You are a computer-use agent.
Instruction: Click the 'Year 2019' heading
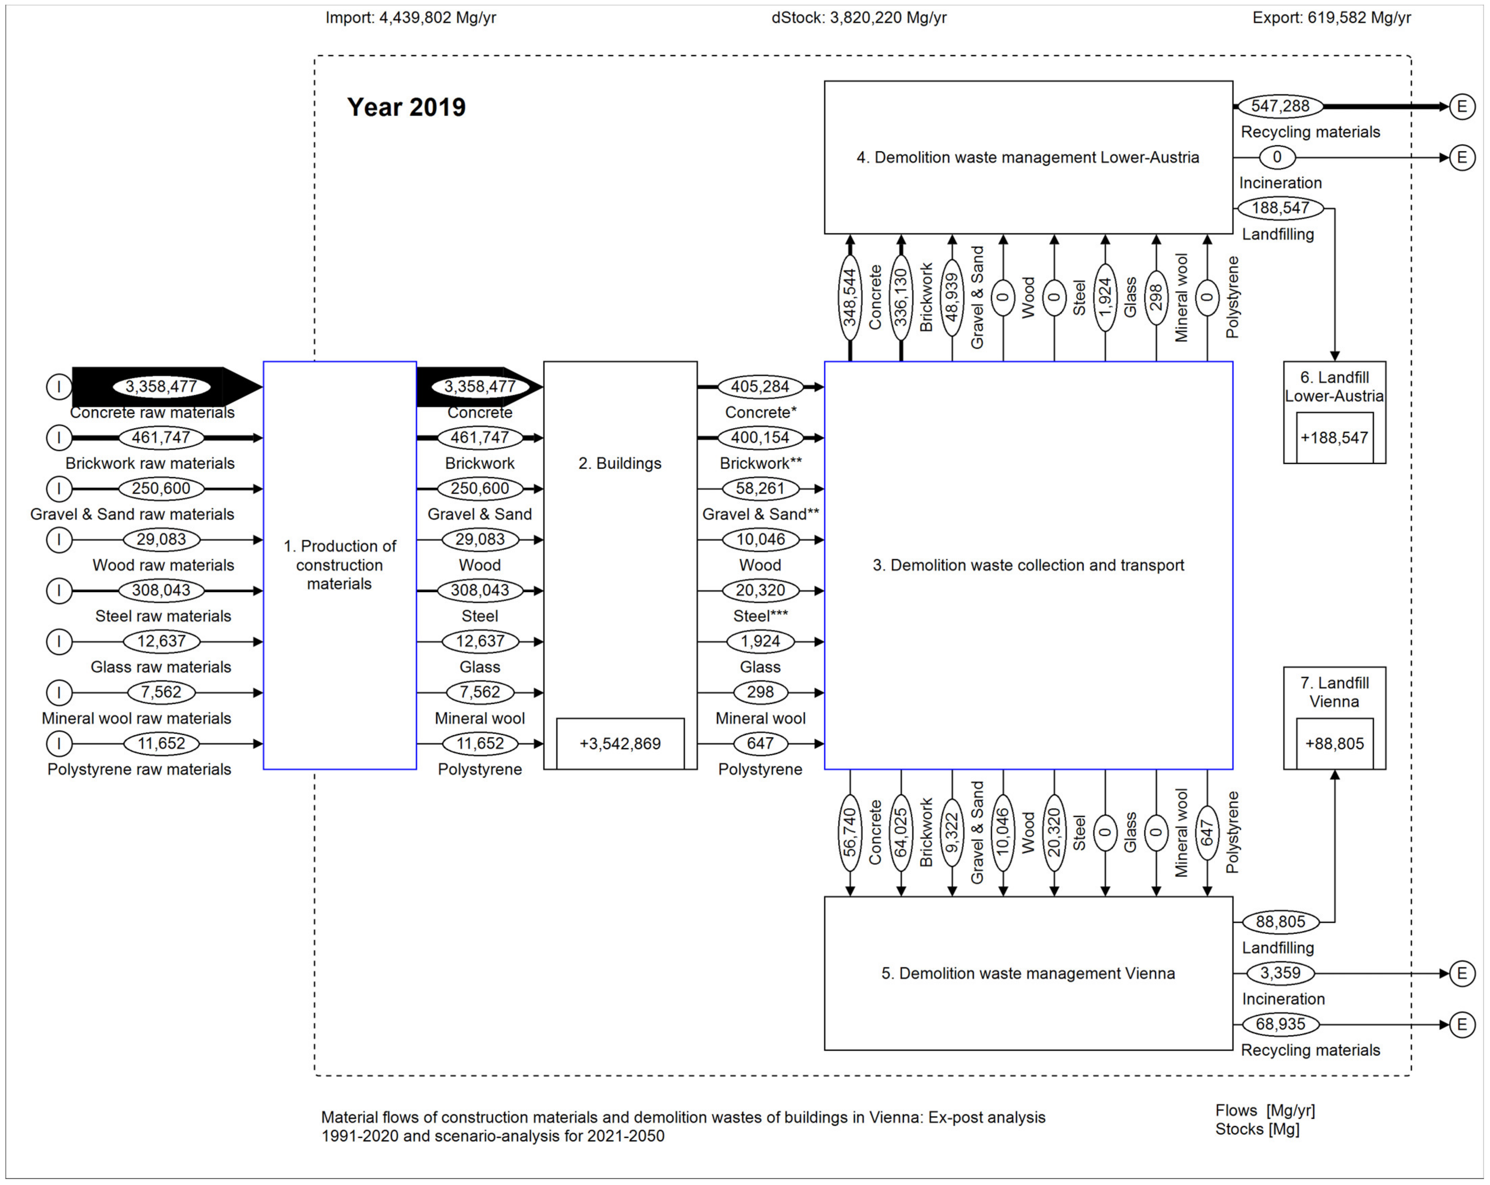pyautogui.click(x=406, y=107)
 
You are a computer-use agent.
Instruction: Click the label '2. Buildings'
pyautogui.click(x=620, y=463)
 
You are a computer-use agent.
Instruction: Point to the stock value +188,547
pyautogui.click(x=1334, y=438)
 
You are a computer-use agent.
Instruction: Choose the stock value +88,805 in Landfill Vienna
pyautogui.click(x=1334, y=744)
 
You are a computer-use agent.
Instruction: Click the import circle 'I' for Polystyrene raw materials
pyautogui.click(x=59, y=744)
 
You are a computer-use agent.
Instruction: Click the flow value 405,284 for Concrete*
pyautogui.click(x=760, y=387)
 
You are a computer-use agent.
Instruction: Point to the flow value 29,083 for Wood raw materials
pyautogui.click(x=161, y=539)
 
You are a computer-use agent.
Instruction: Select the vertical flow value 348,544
pyautogui.click(x=850, y=297)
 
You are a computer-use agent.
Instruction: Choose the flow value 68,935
pyautogui.click(x=1280, y=1024)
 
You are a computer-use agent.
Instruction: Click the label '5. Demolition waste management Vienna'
pyautogui.click(x=1028, y=973)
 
